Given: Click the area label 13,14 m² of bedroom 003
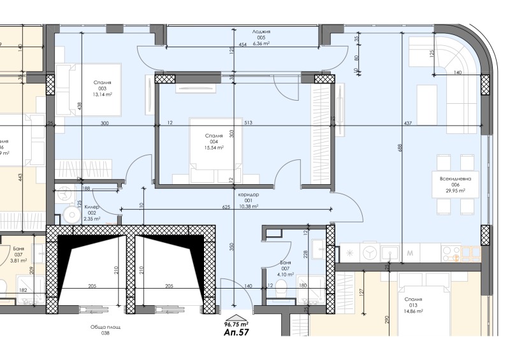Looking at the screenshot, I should pos(102,94).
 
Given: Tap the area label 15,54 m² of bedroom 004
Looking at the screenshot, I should pos(214,147).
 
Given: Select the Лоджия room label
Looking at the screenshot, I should pos(261,31).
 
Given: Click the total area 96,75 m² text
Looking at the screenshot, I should pos(235,324).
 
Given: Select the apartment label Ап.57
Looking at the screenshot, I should pos(235,333).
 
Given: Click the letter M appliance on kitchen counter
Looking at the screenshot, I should pos(411,254).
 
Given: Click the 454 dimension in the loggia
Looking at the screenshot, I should pos(242,45).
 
